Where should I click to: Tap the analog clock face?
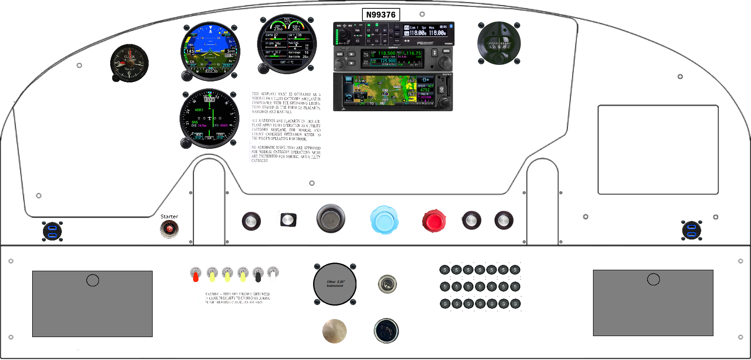[129, 63]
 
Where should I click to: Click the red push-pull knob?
[434, 220]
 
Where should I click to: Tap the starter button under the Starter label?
[169, 228]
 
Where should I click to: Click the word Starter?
[169, 217]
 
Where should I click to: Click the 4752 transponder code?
[425, 90]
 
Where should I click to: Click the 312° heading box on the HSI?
[209, 100]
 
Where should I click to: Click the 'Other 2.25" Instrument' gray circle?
[335, 283]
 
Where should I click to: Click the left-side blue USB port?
[52, 231]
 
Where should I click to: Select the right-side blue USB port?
[692, 230]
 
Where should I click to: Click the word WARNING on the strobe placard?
[213, 294]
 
